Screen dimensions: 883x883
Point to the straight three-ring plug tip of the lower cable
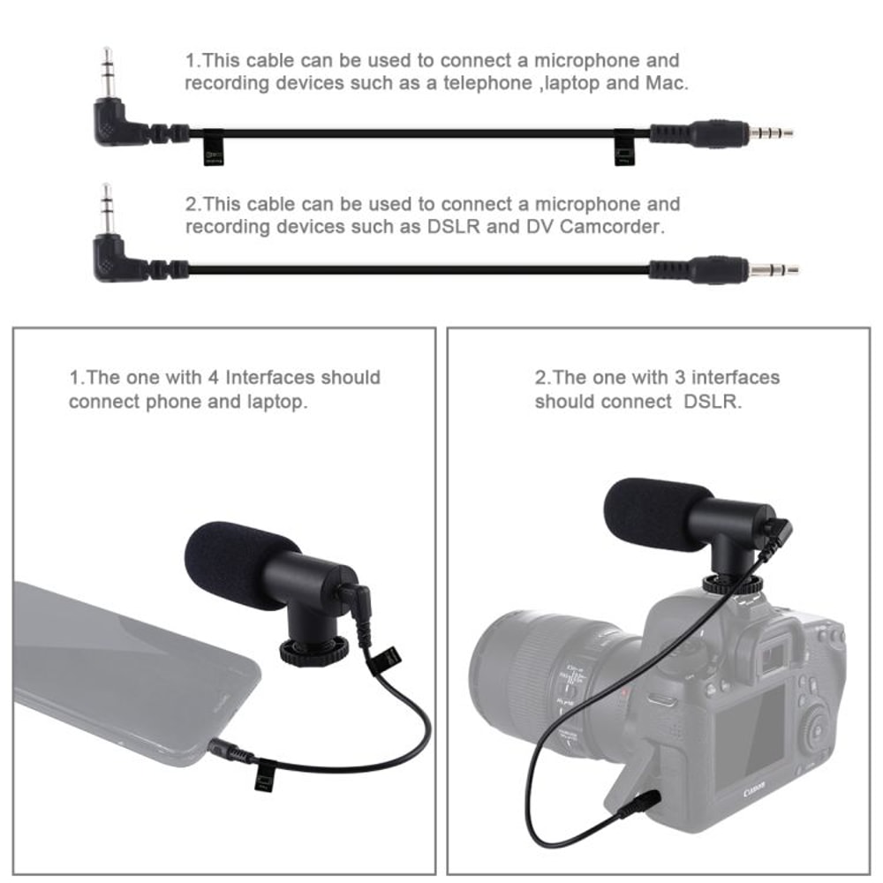pyautogui.click(x=776, y=268)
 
